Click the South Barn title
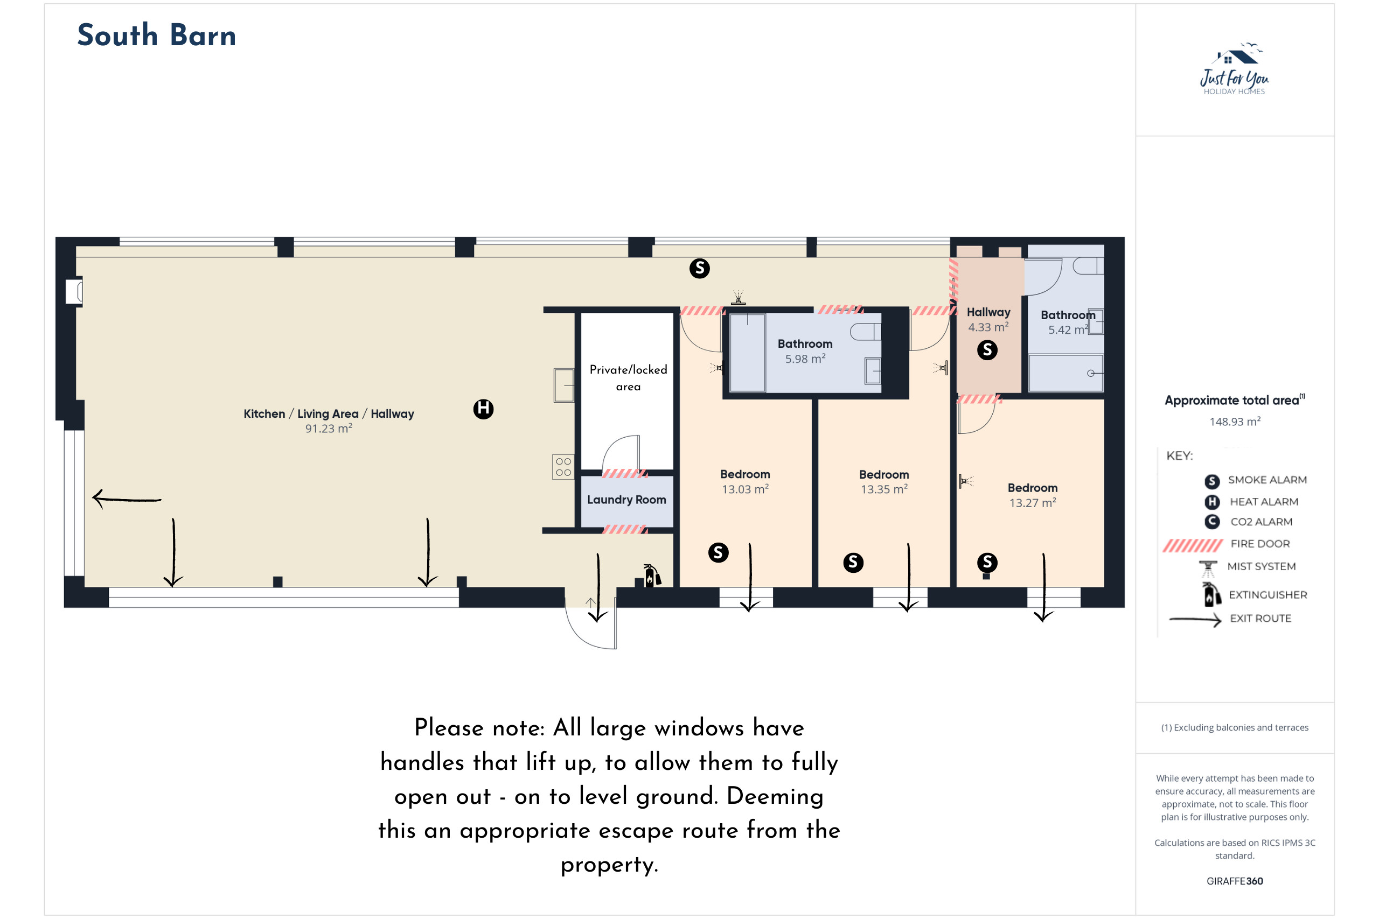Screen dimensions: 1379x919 coord(157,35)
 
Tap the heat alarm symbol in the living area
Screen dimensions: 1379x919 coord(483,409)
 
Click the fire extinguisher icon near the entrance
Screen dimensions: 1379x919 coord(651,576)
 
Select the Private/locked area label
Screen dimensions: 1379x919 coord(628,378)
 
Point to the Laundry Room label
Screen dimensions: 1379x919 coord(626,500)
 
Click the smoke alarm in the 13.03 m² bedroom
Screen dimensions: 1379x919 coord(718,552)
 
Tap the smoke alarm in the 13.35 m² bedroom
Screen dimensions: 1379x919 coord(853,563)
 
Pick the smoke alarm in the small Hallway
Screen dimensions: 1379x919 coord(987,350)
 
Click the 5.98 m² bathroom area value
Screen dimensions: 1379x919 coord(805,359)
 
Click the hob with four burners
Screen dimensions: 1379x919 coord(563,467)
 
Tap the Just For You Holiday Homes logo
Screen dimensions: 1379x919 coord(1234,68)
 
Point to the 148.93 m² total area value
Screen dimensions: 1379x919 coord(1235,422)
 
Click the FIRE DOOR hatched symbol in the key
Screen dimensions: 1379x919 coord(1193,546)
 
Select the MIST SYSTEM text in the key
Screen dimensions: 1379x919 coord(1261,566)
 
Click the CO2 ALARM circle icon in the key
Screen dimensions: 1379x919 coord(1212,522)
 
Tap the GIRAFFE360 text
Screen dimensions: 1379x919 coord(1234,881)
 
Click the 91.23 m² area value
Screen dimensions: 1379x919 coord(329,429)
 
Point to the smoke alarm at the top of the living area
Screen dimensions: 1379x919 coord(700,269)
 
